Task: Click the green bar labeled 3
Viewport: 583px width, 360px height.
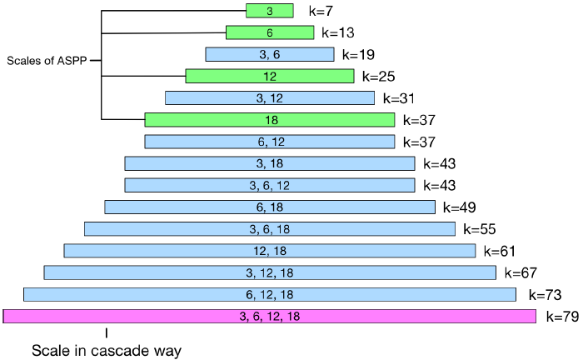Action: coord(269,11)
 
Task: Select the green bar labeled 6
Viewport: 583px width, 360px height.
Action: coord(269,32)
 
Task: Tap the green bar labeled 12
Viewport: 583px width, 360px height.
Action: coord(269,76)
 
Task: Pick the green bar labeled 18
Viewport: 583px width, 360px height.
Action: coord(269,120)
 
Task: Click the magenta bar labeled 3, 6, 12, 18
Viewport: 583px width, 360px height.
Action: coord(269,316)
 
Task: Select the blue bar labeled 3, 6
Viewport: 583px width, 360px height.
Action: coord(269,54)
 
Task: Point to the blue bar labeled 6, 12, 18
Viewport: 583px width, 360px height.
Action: coord(269,294)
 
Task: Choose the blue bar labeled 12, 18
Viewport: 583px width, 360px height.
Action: coord(269,251)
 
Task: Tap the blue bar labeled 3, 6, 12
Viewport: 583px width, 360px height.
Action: coord(269,185)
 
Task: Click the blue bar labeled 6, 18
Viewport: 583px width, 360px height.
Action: coord(269,207)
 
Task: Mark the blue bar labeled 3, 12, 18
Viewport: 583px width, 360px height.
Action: coord(269,272)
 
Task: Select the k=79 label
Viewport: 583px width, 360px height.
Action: coord(562,317)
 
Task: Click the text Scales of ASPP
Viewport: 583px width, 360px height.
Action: coord(47,61)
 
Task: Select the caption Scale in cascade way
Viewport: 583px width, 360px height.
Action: coord(106,351)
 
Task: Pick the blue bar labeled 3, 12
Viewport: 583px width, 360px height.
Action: coord(269,98)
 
